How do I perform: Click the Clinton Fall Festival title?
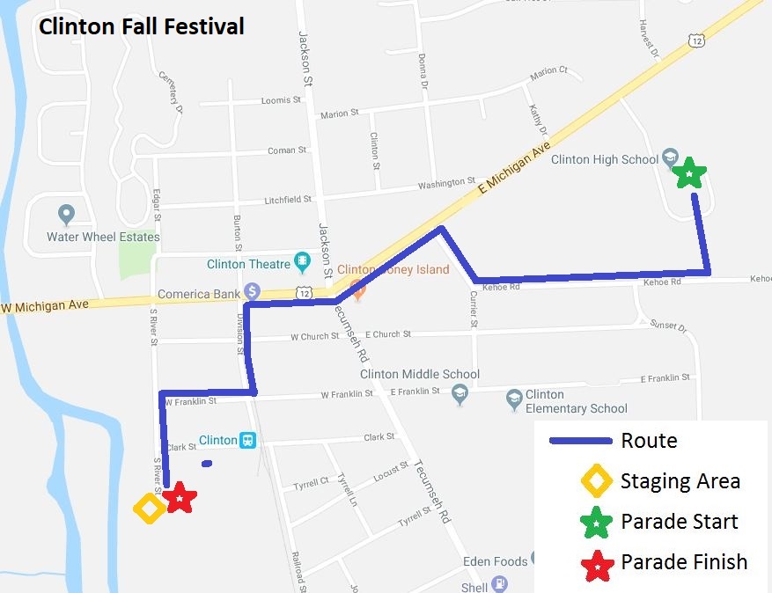141,26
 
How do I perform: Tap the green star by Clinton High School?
688,172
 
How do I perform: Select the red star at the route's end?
180,498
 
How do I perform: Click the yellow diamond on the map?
149,508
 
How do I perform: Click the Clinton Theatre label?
248,264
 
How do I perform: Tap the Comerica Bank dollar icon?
253,290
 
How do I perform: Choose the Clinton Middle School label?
420,374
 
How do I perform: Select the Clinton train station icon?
249,440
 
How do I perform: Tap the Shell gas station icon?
499,583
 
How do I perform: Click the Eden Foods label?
496,561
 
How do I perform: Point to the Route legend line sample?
581,441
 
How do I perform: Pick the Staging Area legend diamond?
597,481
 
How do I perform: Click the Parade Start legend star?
597,522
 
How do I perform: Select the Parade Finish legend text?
684,562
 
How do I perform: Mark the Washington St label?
446,184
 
